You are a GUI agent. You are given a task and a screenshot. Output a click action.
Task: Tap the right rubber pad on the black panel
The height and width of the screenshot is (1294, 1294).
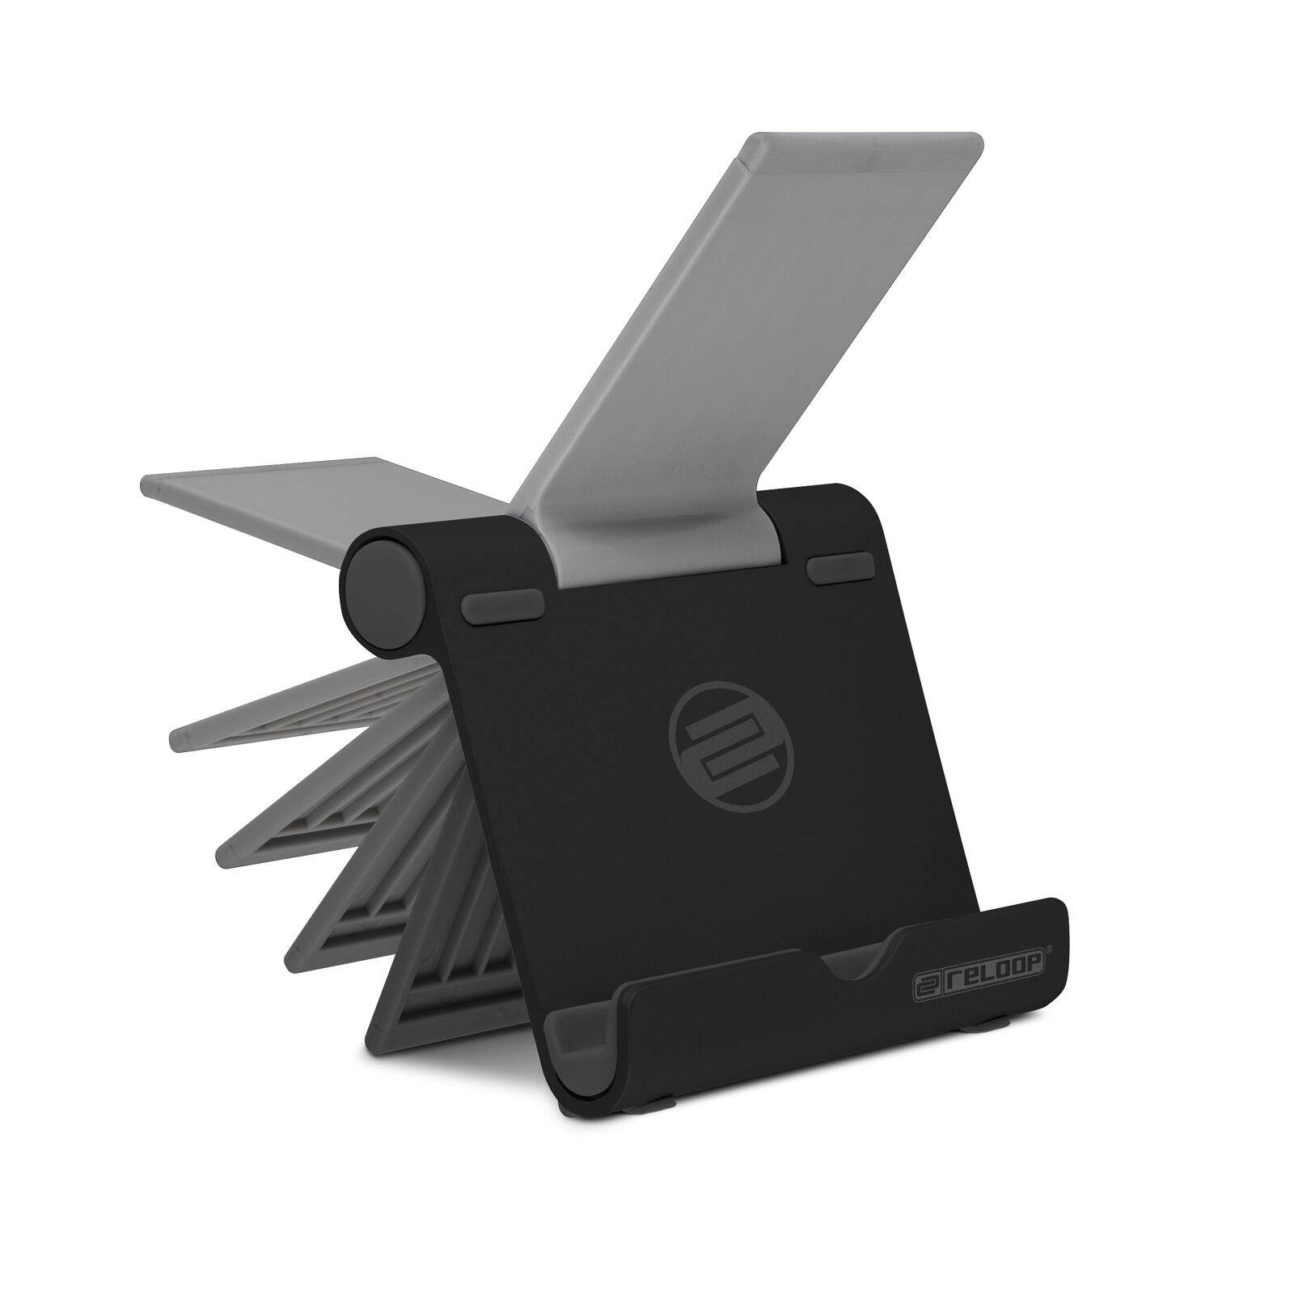[x=839, y=569]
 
